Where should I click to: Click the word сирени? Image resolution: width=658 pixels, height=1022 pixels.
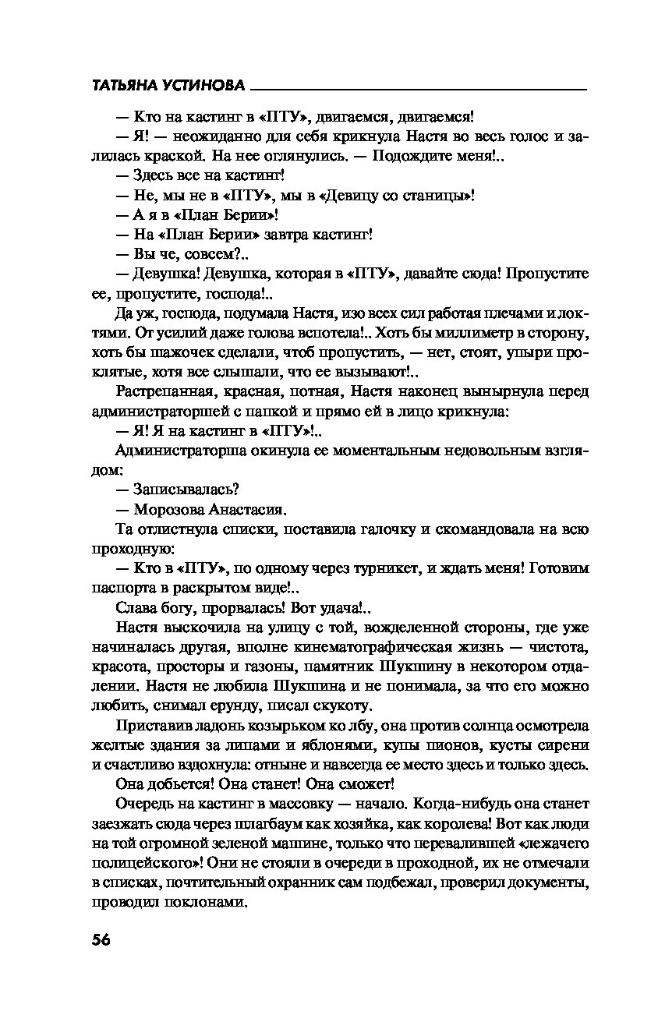coord(568,744)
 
